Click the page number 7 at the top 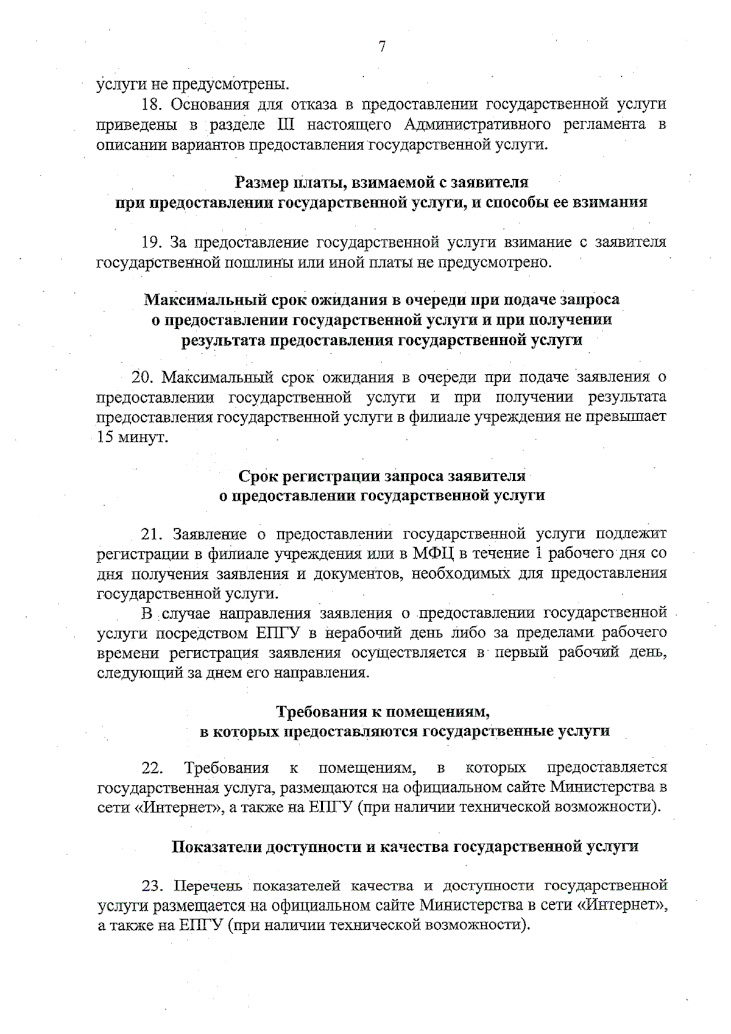point(382,46)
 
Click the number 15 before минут point(106,437)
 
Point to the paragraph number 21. point(150,534)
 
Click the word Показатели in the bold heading point(217,846)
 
